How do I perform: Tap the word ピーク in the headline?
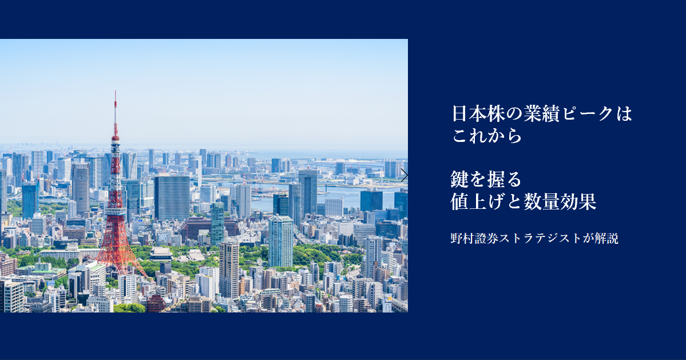pyautogui.click(x=588, y=114)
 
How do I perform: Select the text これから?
pyautogui.click(x=487, y=136)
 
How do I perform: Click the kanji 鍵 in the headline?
pyautogui.click(x=460, y=179)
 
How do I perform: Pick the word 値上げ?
pyautogui.click(x=478, y=201)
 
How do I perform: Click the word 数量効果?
pyautogui.click(x=561, y=201)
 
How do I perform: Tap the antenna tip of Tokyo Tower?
pyautogui.click(x=116, y=92)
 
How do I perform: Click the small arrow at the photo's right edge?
pyautogui.click(x=404, y=176)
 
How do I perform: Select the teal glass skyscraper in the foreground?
pyautogui.click(x=280, y=242)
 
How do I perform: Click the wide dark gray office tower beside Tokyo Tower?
pyautogui.click(x=172, y=197)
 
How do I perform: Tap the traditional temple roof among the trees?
pyautogui.click(x=161, y=254)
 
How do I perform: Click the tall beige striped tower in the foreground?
pyautogui.click(x=229, y=268)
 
